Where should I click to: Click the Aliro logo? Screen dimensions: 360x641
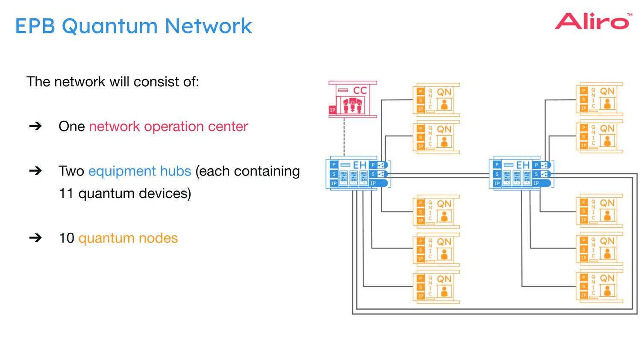pyautogui.click(x=592, y=21)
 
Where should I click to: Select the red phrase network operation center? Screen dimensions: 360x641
pyautogui.click(x=168, y=126)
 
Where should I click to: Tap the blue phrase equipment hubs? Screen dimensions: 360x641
pyautogui.click(x=139, y=171)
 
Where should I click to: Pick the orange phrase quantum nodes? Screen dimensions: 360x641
pyautogui.click(x=128, y=238)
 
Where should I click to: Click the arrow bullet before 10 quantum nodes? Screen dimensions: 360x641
pyautogui.click(x=35, y=237)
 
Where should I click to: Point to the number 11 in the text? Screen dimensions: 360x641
pyautogui.click(x=66, y=193)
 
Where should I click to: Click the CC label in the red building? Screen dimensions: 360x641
pyautogui.click(x=360, y=91)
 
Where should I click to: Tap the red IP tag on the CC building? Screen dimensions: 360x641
pyautogui.click(x=332, y=110)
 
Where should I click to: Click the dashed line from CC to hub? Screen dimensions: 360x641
pyautogui.click(x=344, y=137)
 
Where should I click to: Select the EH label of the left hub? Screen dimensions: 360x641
pyautogui.click(x=359, y=165)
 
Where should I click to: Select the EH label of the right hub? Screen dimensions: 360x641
pyautogui.click(x=522, y=165)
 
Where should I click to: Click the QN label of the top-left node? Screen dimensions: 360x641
pyautogui.click(x=444, y=92)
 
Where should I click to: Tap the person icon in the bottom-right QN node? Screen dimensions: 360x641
pyautogui.click(x=607, y=291)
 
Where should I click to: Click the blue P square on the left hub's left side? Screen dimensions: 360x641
pyautogui.click(x=334, y=165)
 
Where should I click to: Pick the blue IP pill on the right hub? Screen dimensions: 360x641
pyautogui.click(x=541, y=183)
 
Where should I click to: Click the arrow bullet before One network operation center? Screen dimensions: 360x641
pyautogui.click(x=35, y=126)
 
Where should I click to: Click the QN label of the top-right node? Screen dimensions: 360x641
pyautogui.click(x=607, y=91)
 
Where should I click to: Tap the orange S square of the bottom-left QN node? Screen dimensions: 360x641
pyautogui.click(x=420, y=287)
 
